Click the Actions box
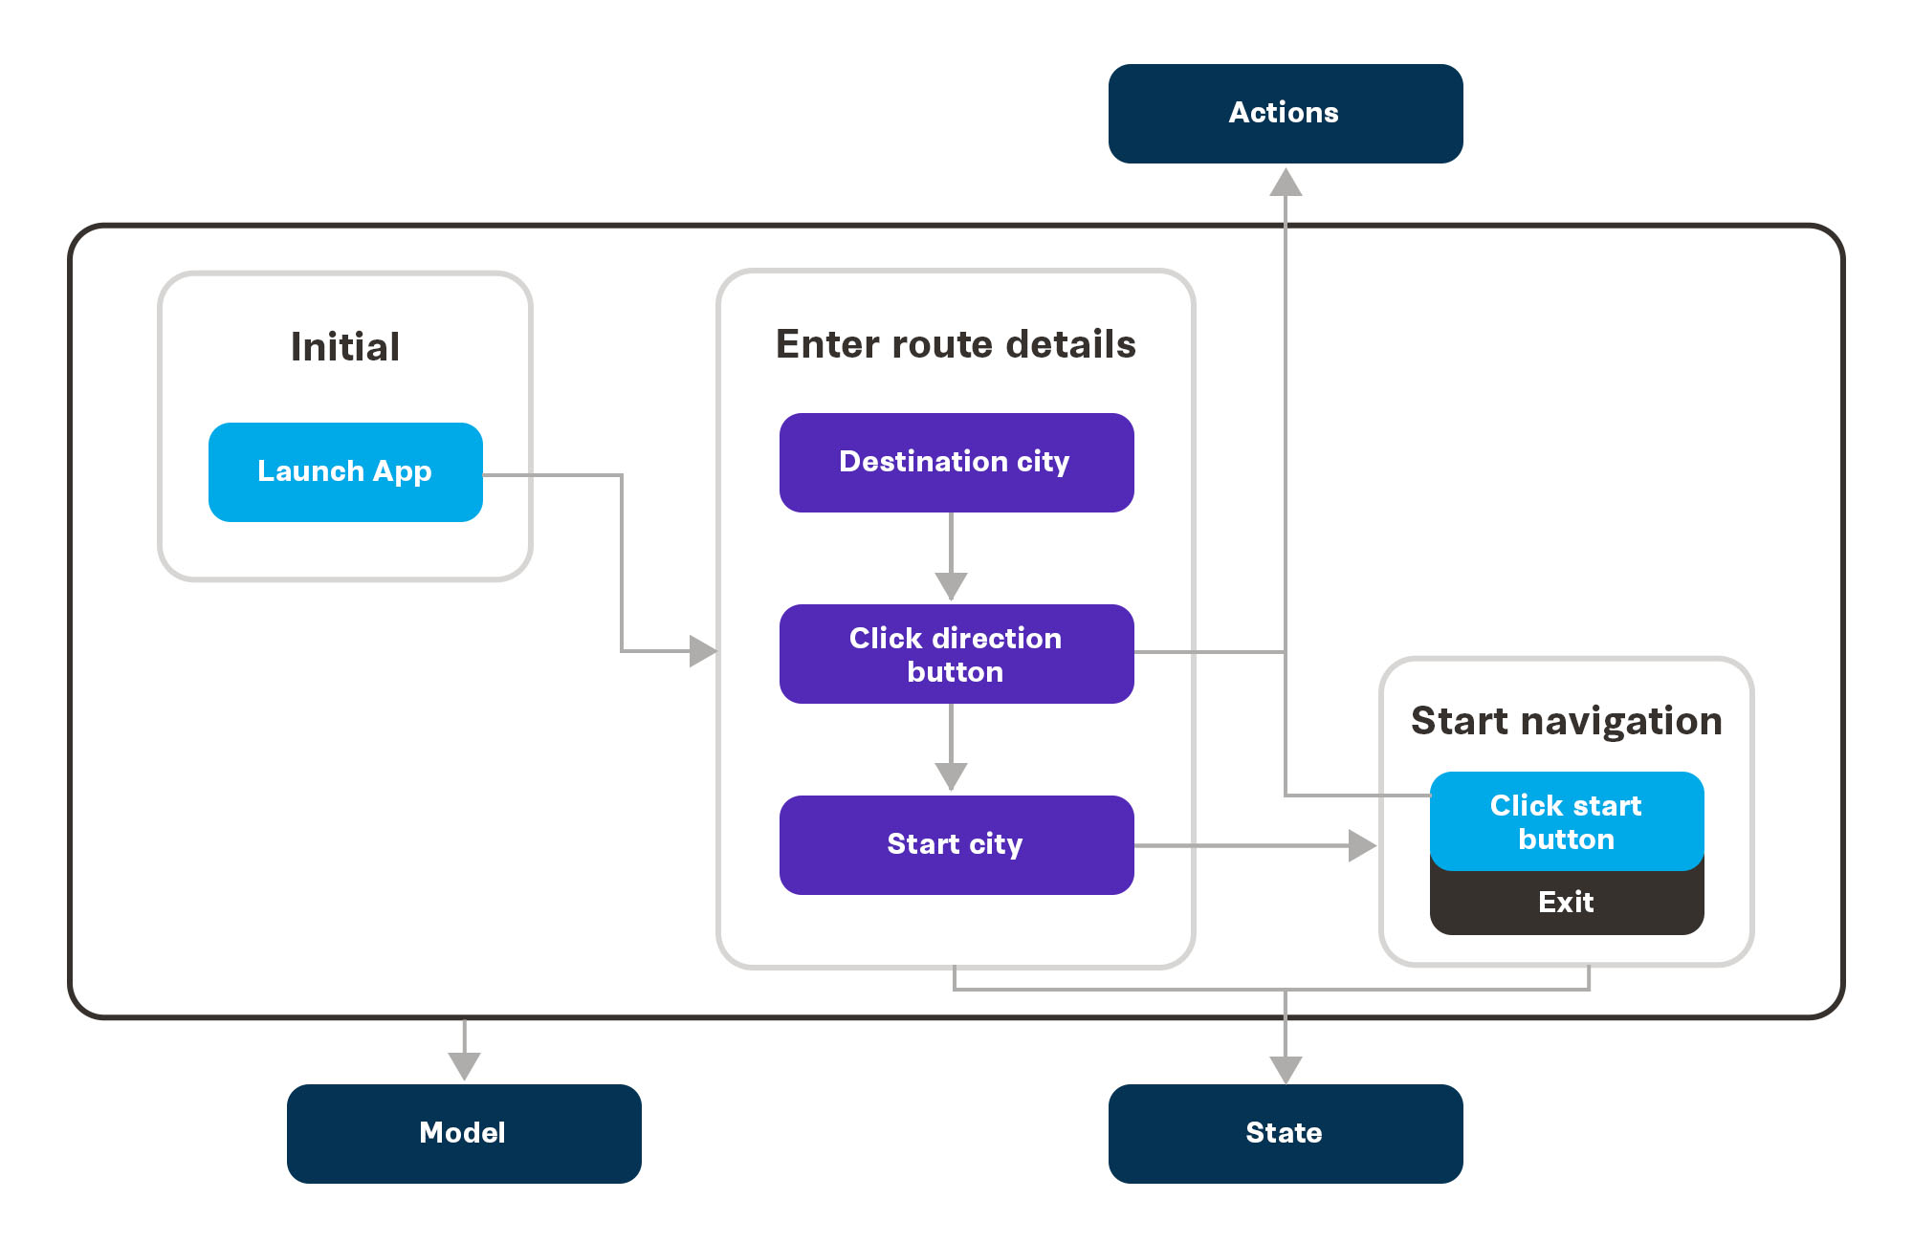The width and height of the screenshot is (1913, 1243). pyautogui.click(x=1285, y=114)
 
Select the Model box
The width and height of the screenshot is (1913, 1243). pyautogui.click(x=464, y=1133)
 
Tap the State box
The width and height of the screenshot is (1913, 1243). pyautogui.click(x=1285, y=1133)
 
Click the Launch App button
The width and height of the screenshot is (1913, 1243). pyautogui.click(x=345, y=472)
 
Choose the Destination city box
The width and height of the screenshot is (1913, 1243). pyautogui.click(x=956, y=463)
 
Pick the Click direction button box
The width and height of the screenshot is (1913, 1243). pyautogui.click(x=956, y=654)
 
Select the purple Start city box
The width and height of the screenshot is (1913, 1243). pyautogui.click(x=956, y=845)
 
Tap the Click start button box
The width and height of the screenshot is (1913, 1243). pyautogui.click(x=1567, y=821)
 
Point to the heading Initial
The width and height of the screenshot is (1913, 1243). pyautogui.click(x=345, y=347)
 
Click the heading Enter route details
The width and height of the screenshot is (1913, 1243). pyautogui.click(x=956, y=344)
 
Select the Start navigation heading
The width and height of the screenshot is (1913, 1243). pyautogui.click(x=1567, y=721)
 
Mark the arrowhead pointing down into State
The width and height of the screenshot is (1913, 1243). pyautogui.click(x=1286, y=1069)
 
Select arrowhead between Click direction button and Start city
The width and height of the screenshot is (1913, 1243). pyautogui.click(x=951, y=775)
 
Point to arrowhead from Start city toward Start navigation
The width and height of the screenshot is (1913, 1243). pyautogui.click(x=1361, y=845)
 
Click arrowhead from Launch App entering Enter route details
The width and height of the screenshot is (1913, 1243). pyautogui.click(x=702, y=651)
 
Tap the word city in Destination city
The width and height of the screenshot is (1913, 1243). pyautogui.click(x=1043, y=463)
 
